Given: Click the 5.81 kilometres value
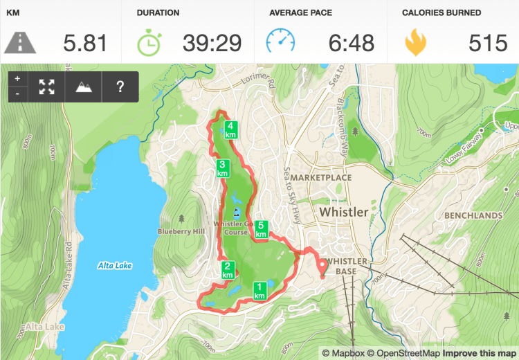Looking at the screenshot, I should tap(85, 44).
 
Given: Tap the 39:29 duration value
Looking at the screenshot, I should tap(212, 44).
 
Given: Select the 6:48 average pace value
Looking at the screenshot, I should tap(351, 44).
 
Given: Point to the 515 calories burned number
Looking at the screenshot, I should tap(488, 44).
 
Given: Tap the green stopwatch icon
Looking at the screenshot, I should tap(148, 43).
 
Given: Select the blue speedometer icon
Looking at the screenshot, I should tap(280, 43).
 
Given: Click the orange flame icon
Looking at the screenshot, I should tap(415, 43).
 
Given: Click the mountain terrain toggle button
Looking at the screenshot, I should tap(83, 87).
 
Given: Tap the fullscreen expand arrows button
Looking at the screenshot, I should tap(46, 87).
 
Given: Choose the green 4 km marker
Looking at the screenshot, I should tap(231, 129).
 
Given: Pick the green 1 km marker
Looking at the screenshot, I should tap(259, 291).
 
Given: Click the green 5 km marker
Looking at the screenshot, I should tap(262, 229).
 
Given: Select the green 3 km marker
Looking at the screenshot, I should tap(223, 168).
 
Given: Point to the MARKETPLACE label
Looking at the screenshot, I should tap(320, 178).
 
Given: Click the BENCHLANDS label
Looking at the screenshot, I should tap(473, 216).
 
